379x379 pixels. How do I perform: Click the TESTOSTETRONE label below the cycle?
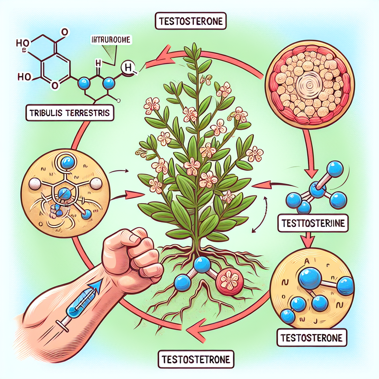[196, 359]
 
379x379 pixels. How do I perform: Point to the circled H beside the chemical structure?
[129, 68]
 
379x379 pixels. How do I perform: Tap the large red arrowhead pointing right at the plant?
[137, 194]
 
